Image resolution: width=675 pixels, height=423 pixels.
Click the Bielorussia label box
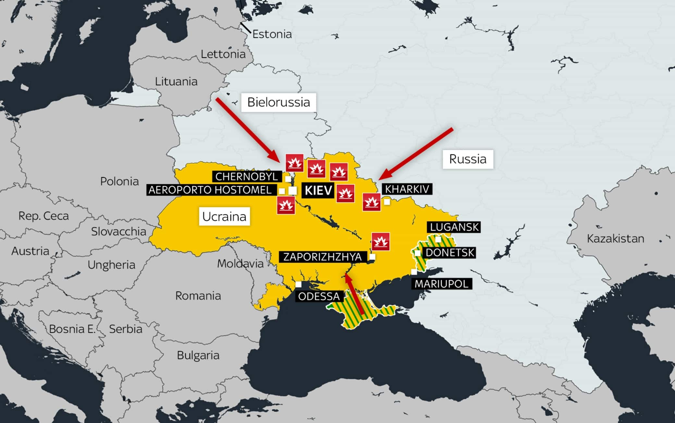coord(278,102)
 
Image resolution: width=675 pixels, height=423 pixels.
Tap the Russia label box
coord(468,159)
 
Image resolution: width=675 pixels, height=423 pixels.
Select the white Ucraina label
coord(224,216)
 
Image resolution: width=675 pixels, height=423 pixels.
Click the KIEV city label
coord(318,190)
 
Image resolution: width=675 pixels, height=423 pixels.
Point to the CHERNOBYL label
coord(247,177)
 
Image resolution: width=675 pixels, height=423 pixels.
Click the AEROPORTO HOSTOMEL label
coord(210,190)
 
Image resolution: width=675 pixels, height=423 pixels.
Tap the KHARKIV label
coord(407,189)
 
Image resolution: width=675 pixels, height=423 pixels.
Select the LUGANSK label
coord(454,227)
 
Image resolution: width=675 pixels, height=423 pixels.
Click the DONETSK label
coord(450,252)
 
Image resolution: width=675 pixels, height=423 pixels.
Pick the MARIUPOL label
coord(441,284)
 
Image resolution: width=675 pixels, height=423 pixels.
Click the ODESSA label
coord(319,296)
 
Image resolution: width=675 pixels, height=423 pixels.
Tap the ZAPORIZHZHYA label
coord(323,257)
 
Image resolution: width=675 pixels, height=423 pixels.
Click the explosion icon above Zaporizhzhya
coord(380,241)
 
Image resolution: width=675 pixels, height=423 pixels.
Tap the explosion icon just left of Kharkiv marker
coord(371,202)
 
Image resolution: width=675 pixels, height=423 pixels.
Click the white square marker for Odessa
coord(298,285)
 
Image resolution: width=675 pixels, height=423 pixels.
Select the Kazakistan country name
coord(615,239)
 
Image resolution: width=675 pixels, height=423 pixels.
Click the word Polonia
coord(119,181)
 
